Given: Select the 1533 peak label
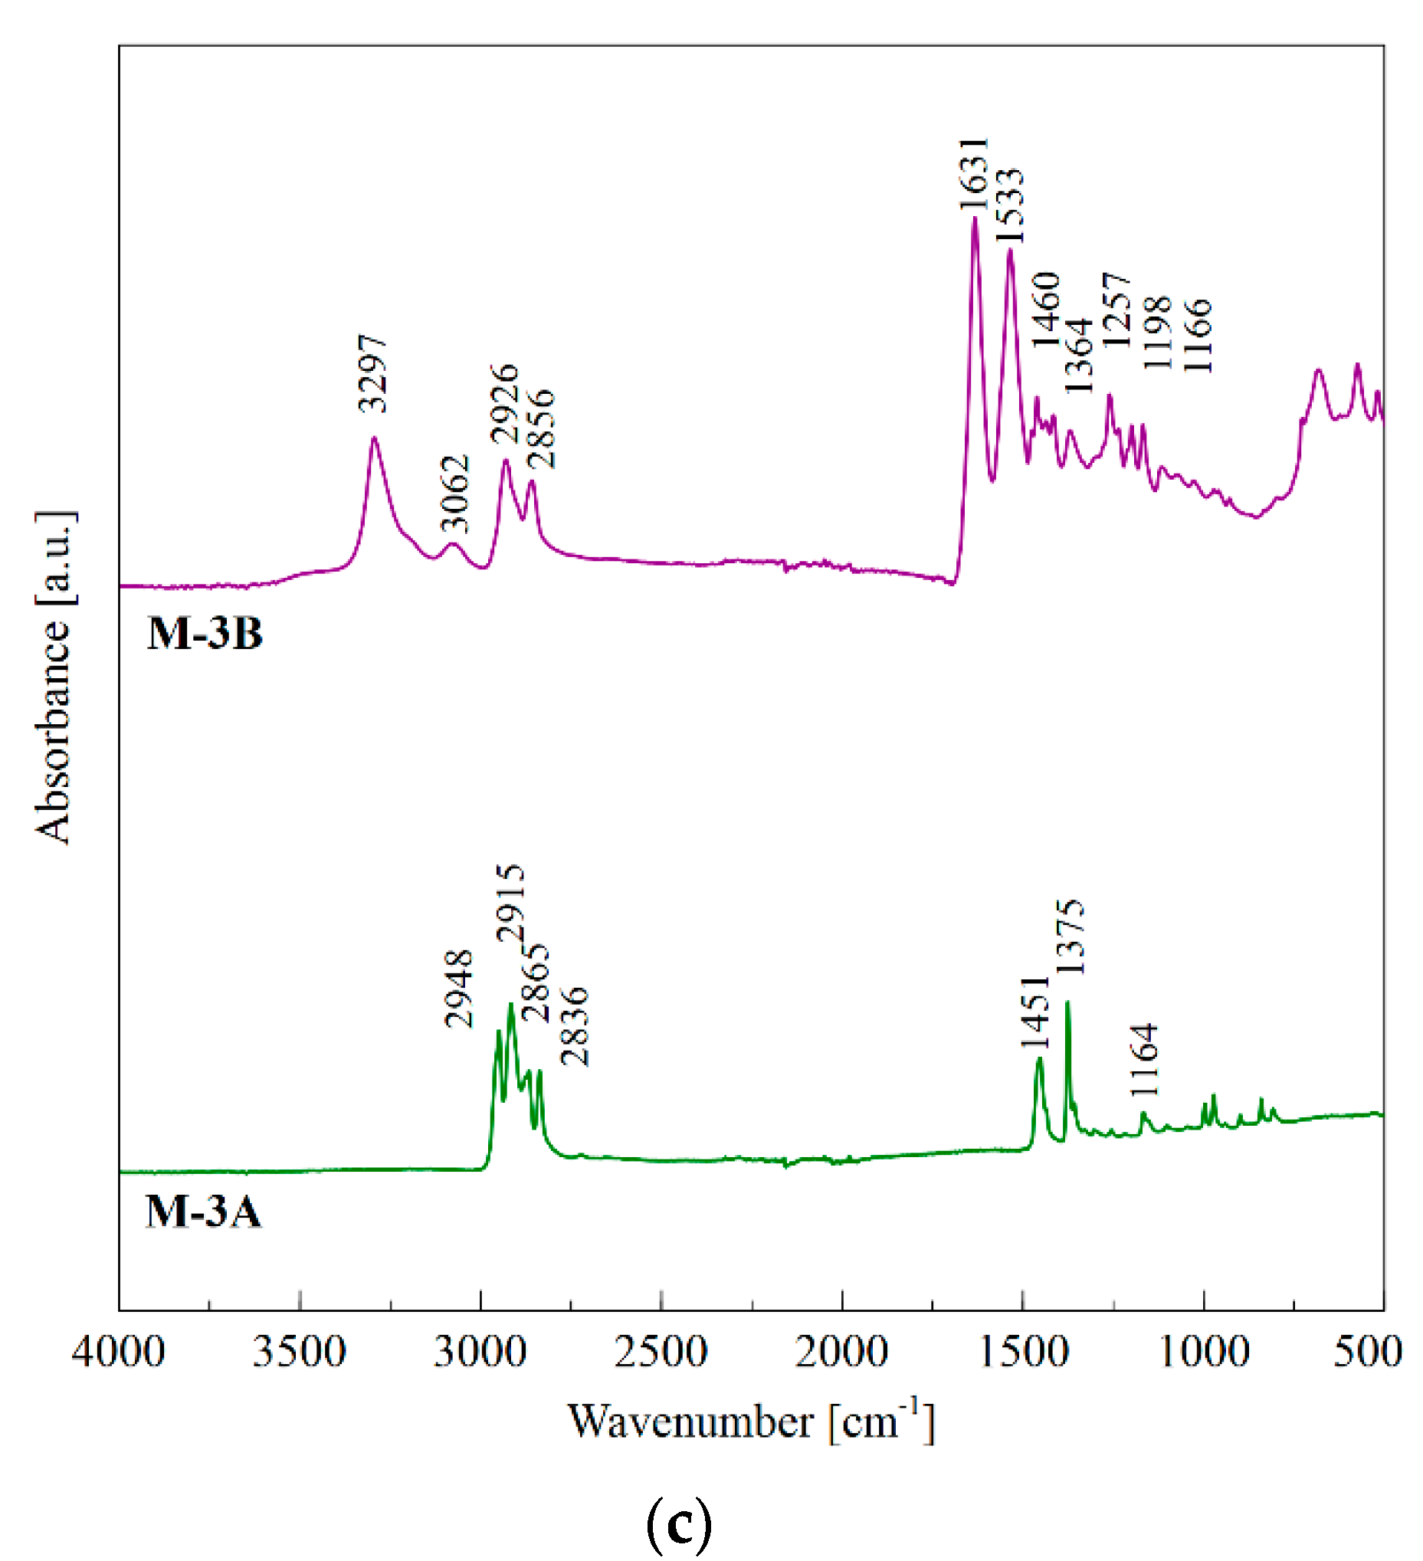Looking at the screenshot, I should [x=1009, y=207].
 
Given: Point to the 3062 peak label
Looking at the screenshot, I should [x=455, y=494].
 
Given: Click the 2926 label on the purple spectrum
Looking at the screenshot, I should [x=505, y=403].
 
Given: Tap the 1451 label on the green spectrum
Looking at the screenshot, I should [x=1036, y=1013].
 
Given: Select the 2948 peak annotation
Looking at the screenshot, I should [x=459, y=989].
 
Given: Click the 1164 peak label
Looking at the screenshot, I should [x=1144, y=1060].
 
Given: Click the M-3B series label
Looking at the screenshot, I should [x=205, y=635].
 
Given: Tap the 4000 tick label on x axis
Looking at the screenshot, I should [x=119, y=1353].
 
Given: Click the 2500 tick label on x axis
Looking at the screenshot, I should [x=661, y=1353].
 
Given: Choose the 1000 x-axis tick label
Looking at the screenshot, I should [x=1204, y=1353].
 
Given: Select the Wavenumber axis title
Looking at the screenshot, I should [x=751, y=1422].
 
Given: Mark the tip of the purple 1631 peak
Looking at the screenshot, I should [x=975, y=219].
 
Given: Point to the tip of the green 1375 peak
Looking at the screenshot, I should [x=1067, y=1002].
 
